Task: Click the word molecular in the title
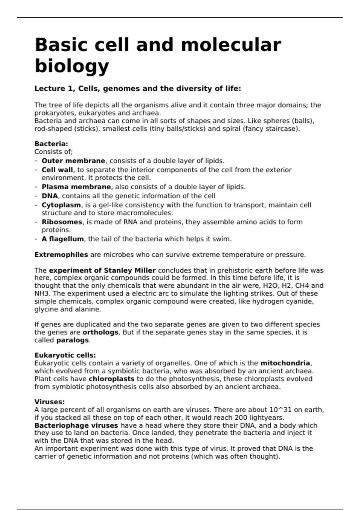(x=231, y=45)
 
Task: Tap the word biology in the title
(x=72, y=66)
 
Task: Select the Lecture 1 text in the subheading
(x=55, y=89)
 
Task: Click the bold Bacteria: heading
(x=51, y=144)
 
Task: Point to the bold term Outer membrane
(x=73, y=161)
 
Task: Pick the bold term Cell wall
(x=57, y=170)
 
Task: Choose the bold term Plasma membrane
(x=76, y=187)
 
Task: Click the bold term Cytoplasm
(x=61, y=205)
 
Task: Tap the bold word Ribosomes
(x=62, y=222)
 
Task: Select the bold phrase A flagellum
(x=63, y=239)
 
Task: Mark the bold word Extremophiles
(x=61, y=255)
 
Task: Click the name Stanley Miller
(x=130, y=270)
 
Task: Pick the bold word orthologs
(x=100, y=332)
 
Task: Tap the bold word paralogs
(x=73, y=340)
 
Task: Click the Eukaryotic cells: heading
(x=65, y=355)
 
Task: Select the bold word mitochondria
(x=285, y=363)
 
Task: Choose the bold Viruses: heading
(x=49, y=402)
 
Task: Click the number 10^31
(x=280, y=410)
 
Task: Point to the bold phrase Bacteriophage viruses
(x=76, y=425)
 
